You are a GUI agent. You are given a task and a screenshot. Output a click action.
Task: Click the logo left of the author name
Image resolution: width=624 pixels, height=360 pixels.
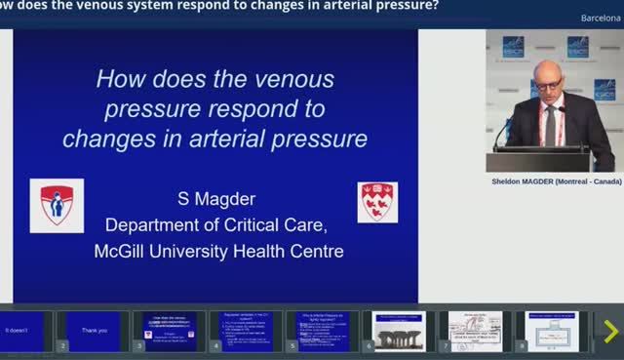point(57,205)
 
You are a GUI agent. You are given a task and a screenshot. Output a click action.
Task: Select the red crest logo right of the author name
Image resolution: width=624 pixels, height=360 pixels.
point(377,202)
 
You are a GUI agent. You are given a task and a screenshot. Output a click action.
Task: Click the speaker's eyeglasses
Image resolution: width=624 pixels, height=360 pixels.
point(547,85)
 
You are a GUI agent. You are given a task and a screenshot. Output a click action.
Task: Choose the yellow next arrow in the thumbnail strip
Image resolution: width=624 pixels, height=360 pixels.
point(610,332)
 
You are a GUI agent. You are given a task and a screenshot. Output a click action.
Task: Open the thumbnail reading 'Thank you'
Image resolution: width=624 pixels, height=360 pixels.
point(95,331)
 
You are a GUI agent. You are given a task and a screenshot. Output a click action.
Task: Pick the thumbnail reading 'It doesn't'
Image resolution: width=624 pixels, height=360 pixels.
point(21,331)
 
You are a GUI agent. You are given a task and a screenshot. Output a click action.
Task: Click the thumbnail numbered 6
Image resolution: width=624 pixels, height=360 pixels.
point(399,331)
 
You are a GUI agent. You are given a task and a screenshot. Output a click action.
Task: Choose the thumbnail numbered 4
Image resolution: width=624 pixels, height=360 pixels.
point(246,331)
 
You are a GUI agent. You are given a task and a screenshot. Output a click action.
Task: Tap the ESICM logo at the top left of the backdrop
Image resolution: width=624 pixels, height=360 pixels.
point(513,46)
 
